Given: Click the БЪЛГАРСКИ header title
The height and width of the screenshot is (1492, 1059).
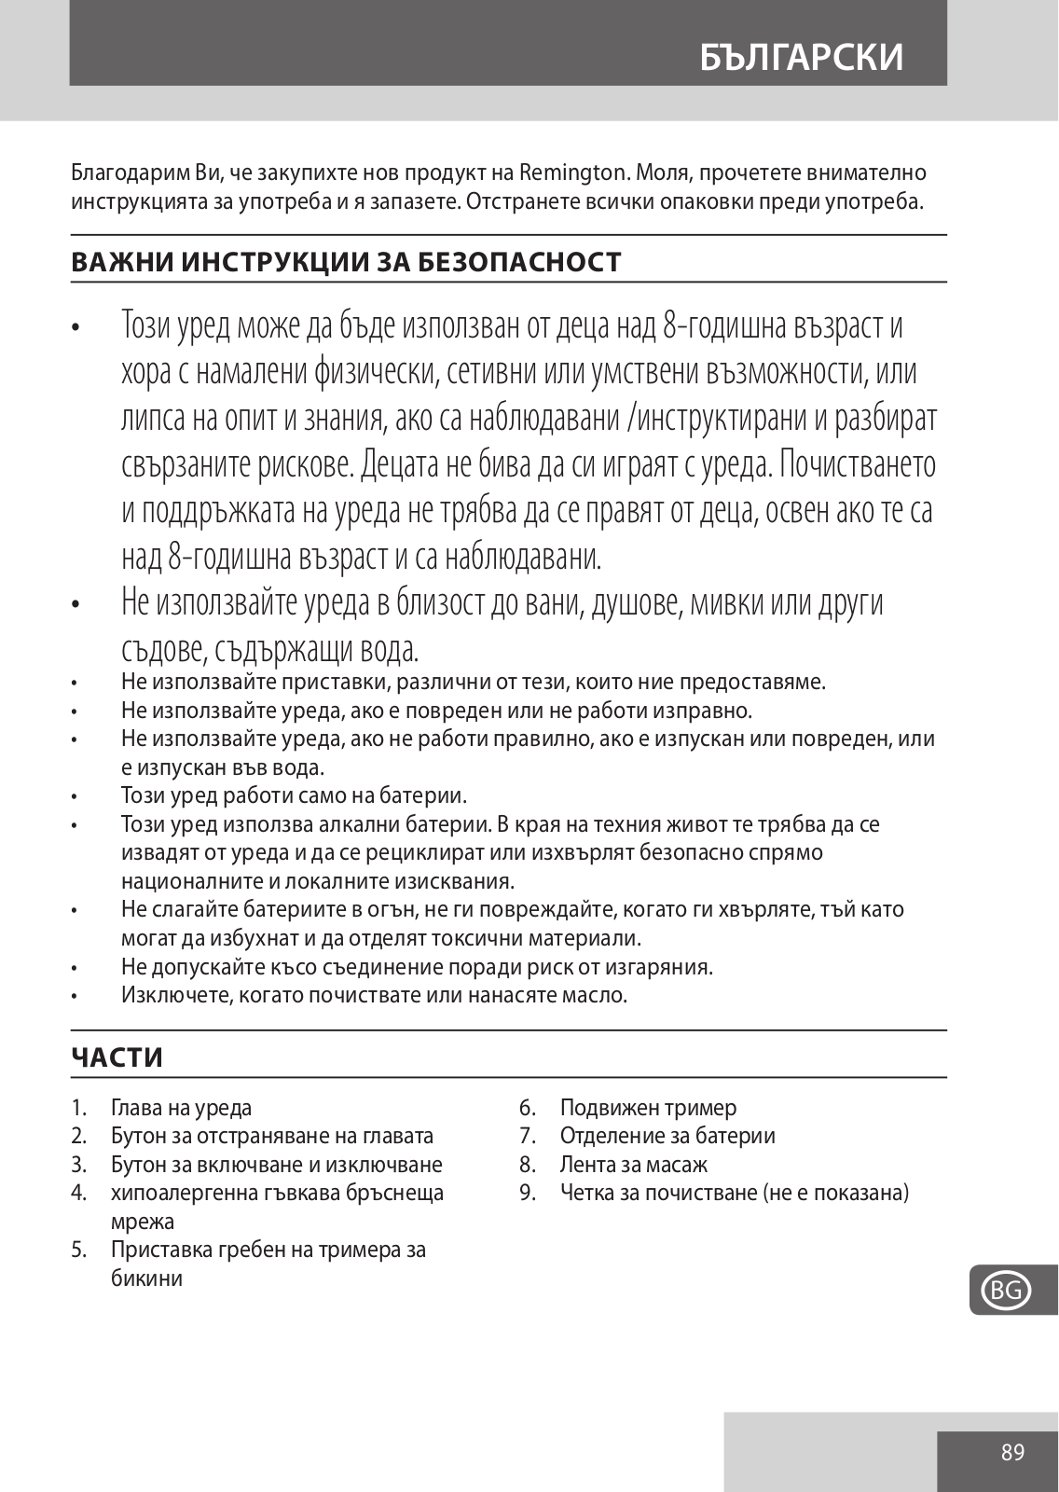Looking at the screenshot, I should [x=801, y=57].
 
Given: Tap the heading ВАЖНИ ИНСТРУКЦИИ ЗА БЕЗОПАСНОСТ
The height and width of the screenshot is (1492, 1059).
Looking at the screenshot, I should [x=346, y=262].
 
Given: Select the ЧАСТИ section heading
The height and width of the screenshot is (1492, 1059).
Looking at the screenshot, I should [x=117, y=1057].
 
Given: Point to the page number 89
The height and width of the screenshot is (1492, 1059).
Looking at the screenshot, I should [x=1012, y=1452].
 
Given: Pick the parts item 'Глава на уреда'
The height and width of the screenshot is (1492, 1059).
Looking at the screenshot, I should [x=181, y=1108].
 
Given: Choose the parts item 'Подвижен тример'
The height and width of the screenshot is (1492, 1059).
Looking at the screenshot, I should [x=648, y=1108].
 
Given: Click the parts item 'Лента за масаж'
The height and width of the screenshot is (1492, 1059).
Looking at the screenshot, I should [x=633, y=1165].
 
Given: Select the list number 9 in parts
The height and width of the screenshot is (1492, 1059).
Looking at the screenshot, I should [x=527, y=1193].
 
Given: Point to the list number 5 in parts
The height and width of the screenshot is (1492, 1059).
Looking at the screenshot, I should [x=78, y=1250].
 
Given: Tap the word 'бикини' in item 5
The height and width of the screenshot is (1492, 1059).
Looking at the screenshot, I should [x=146, y=1278].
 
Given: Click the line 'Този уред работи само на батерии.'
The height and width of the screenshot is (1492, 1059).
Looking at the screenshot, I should [x=294, y=795].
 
